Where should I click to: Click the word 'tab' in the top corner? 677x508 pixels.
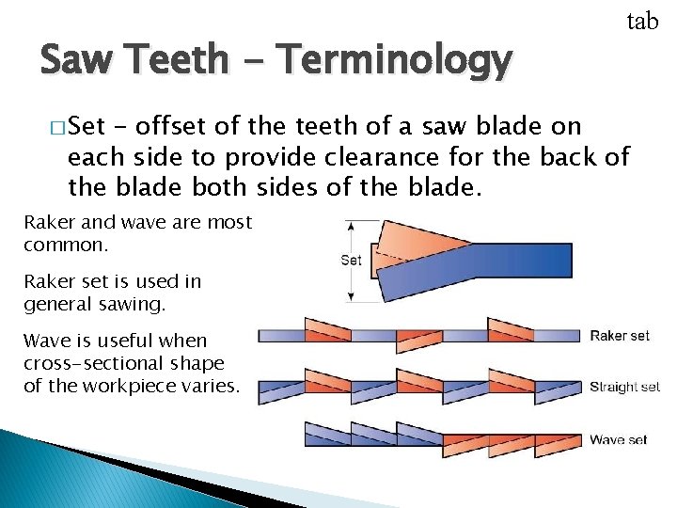point(642,21)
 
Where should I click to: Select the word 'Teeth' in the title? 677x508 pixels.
point(178,61)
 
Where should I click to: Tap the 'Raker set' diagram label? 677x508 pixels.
point(620,336)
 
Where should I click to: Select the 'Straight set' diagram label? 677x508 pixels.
point(624,387)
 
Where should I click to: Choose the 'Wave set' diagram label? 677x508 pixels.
point(620,439)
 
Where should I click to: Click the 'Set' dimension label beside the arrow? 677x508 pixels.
point(351,260)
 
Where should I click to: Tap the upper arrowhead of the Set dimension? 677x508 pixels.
point(351,225)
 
